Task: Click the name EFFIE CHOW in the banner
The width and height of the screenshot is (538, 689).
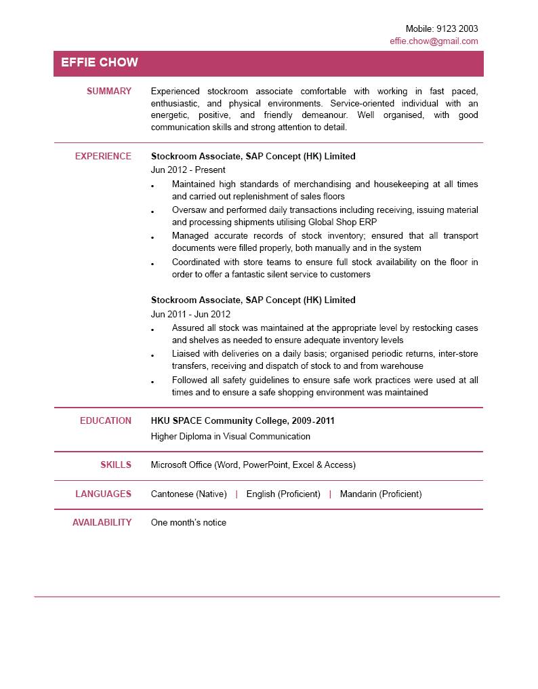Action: point(100,63)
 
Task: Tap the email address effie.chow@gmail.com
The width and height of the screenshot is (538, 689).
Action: point(434,41)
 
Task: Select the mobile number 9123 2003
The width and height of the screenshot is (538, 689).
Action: point(457,28)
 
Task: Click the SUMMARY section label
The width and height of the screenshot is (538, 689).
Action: point(109,91)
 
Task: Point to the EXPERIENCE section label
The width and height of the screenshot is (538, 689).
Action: point(103,156)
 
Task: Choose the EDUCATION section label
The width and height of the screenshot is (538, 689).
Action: point(106,420)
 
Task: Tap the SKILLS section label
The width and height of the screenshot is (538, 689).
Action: point(116,465)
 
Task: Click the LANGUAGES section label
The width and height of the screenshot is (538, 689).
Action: point(103,494)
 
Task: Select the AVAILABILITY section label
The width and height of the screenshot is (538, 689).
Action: point(102,522)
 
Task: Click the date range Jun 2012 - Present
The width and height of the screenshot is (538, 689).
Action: point(188,170)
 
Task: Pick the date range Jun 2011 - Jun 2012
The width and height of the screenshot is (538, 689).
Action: point(190,314)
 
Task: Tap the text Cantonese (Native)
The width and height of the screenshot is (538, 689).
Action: point(188,494)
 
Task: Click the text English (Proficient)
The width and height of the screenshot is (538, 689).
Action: point(283,494)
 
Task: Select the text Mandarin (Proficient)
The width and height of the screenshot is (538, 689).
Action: point(381,494)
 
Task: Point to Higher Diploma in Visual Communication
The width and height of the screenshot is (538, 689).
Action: point(230,436)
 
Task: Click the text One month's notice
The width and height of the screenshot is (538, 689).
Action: point(188,522)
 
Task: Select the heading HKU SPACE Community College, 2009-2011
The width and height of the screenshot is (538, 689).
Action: point(243,420)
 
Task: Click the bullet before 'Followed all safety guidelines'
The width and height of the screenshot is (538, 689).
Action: point(153,382)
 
